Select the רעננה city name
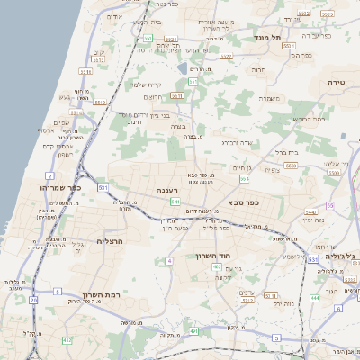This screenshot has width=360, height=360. click(167, 190)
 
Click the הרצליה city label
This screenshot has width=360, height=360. click(108, 241)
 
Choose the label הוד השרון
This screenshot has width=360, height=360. click(214, 256)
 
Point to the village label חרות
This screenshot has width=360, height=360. click(259, 68)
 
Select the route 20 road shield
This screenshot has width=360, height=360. click(33, 300)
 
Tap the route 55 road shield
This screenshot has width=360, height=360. click(330, 206)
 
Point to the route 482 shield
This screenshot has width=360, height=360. click(67, 339)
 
